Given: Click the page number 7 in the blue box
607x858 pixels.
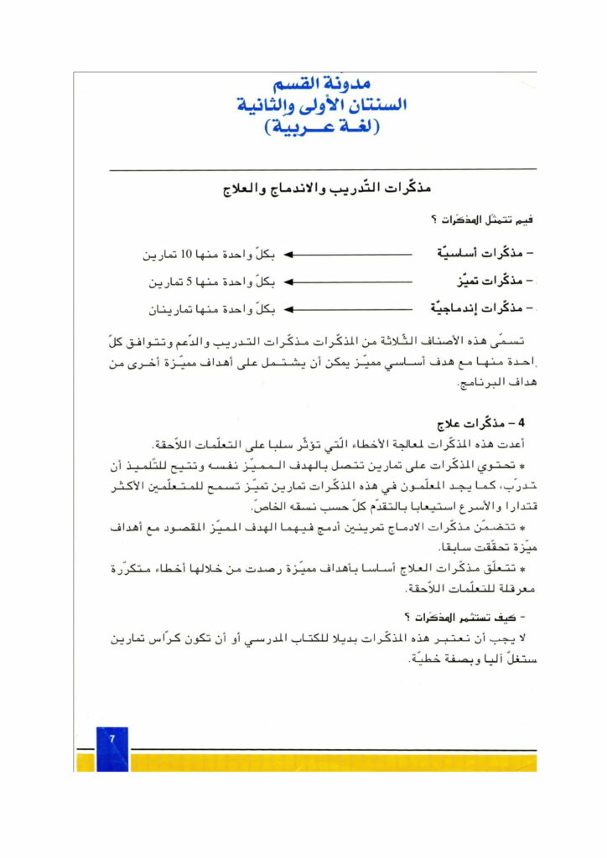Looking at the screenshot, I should pyautogui.click(x=112, y=738).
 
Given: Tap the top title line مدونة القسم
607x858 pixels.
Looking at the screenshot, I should pyautogui.click(x=322, y=85).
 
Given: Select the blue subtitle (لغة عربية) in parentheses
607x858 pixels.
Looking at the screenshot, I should pyautogui.click(x=322, y=128).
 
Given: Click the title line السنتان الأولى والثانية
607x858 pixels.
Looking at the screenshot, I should pyautogui.click(x=322, y=106).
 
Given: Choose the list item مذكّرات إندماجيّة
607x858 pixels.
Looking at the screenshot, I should pyautogui.click(x=485, y=309).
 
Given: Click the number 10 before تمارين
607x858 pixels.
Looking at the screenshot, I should pyautogui.click(x=188, y=253).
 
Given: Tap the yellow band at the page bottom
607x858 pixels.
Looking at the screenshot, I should pyautogui.click(x=335, y=761).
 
